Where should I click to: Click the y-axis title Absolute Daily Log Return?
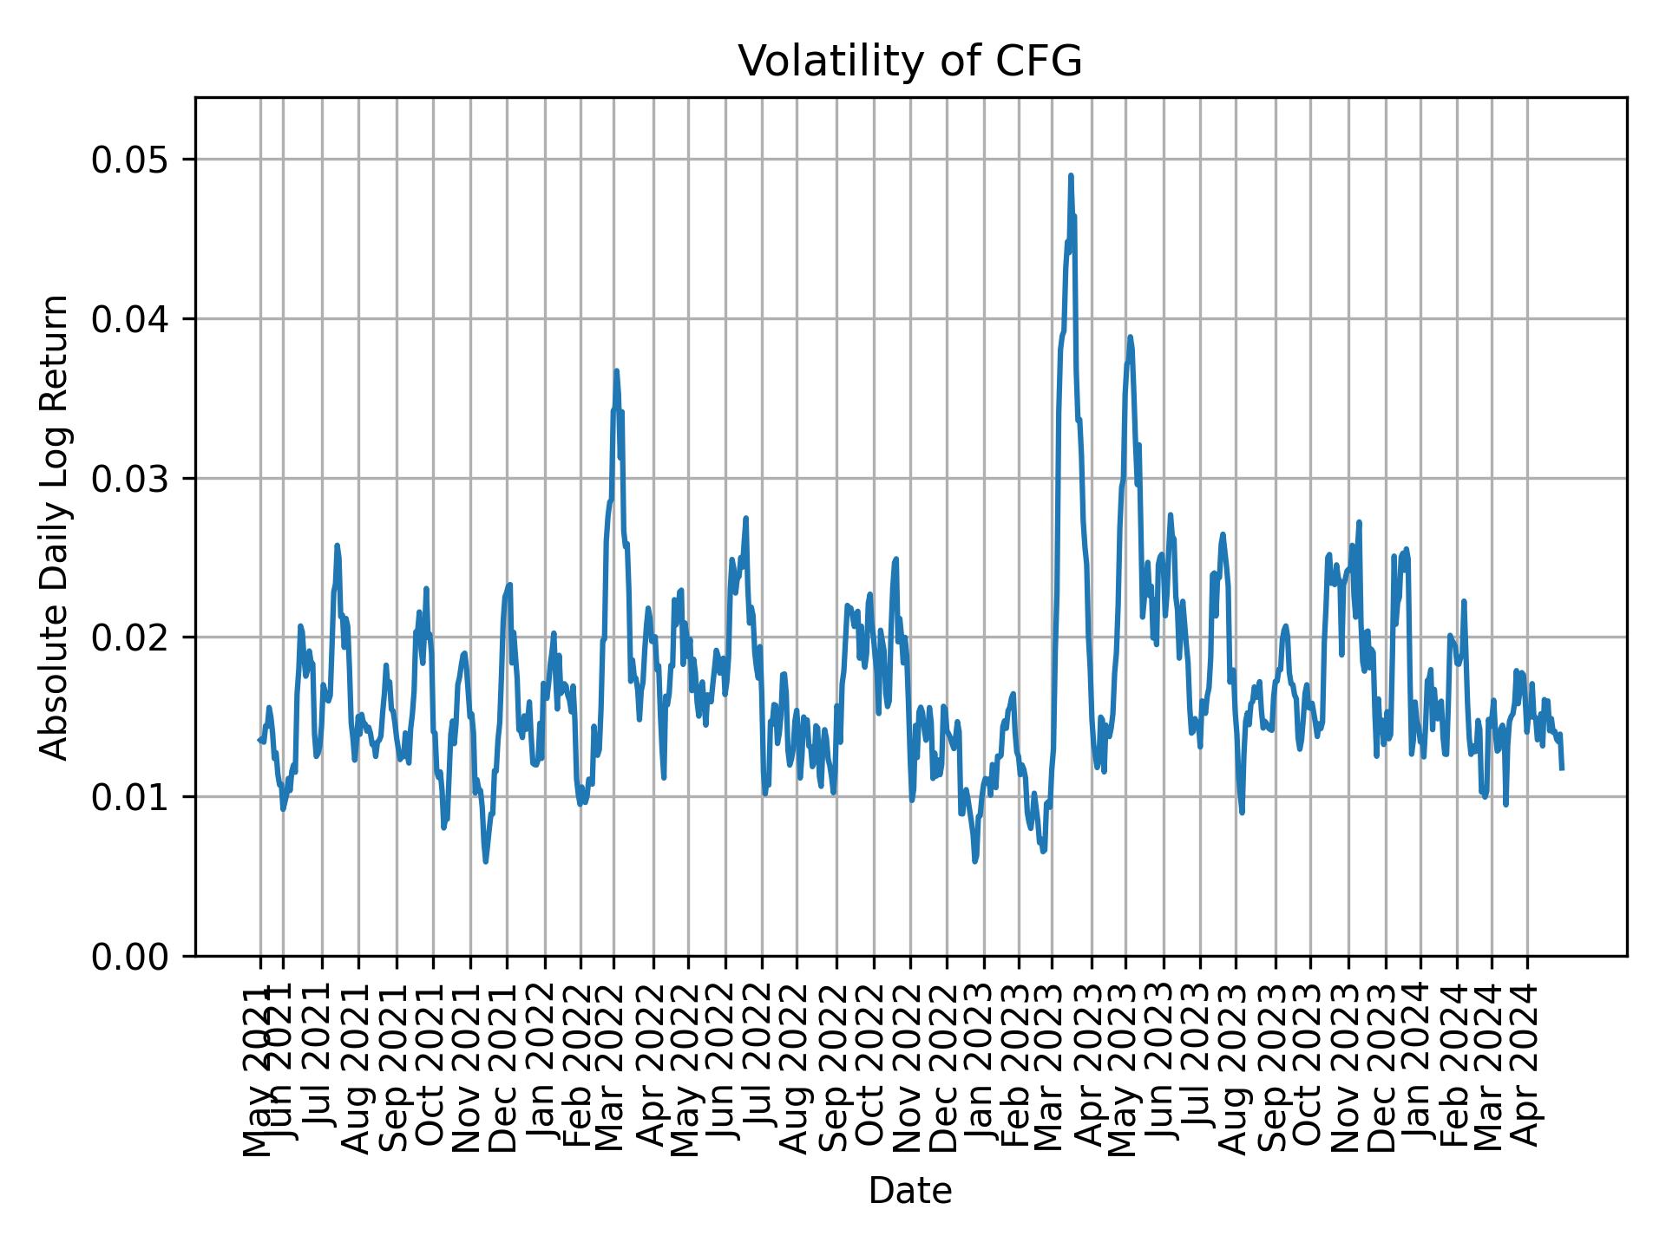point(56,526)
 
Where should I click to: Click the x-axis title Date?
point(910,1191)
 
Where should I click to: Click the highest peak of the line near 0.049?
point(1071,176)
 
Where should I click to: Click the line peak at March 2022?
point(616,371)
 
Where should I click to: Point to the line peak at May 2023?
point(1130,337)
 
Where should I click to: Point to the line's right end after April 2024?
point(1562,768)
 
